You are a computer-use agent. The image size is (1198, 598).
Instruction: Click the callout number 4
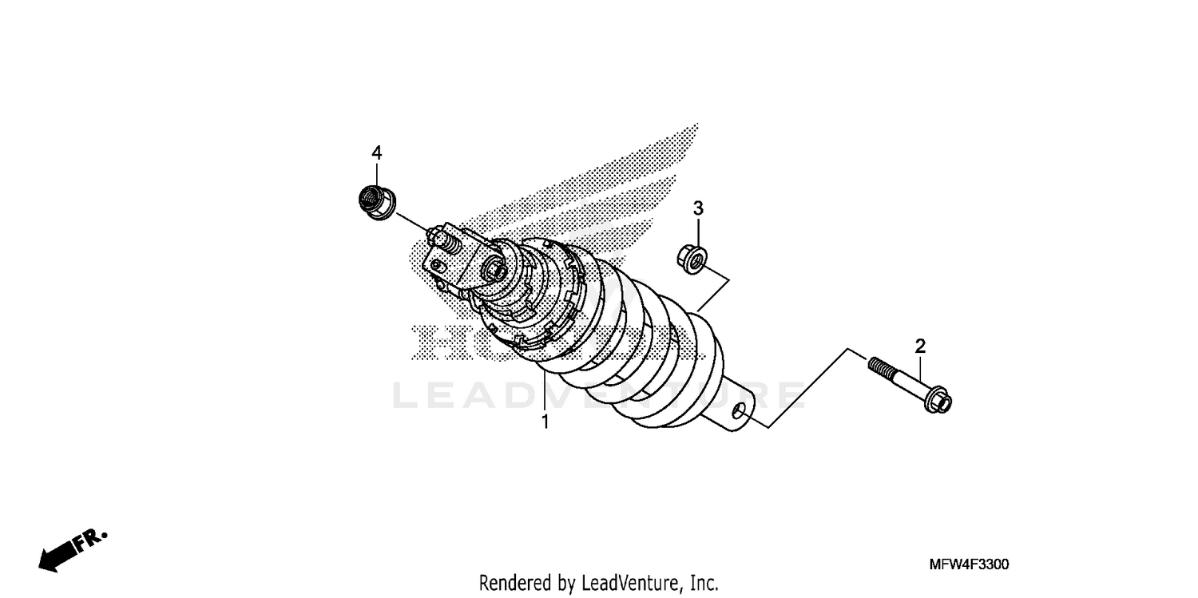(376, 152)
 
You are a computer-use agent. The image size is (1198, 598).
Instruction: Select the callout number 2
(920, 346)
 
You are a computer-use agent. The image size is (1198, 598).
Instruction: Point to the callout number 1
(545, 422)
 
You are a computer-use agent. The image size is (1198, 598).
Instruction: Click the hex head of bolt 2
(937, 399)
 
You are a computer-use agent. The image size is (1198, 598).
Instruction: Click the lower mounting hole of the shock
(739, 410)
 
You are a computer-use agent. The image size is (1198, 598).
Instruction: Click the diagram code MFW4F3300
(969, 564)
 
